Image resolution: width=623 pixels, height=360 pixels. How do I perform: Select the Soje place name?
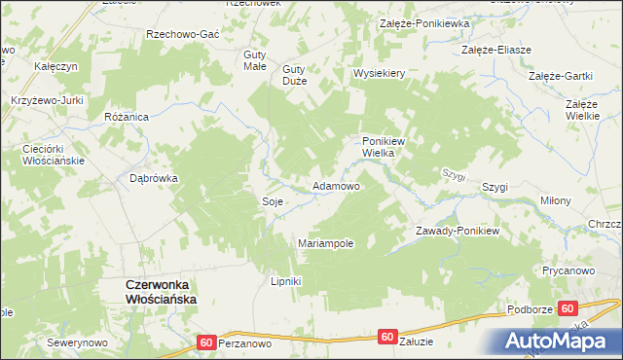tap(272, 201)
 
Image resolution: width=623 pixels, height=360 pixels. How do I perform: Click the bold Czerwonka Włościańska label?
tap(162, 291)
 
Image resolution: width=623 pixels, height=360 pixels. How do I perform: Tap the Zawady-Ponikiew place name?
tap(457, 231)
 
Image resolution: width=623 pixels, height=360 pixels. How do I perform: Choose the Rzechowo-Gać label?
tap(182, 33)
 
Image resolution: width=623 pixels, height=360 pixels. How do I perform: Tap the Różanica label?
tap(126, 116)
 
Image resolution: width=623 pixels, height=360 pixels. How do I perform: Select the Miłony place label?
tap(555, 200)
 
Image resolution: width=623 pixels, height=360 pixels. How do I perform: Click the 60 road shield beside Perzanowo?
tap(205, 342)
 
